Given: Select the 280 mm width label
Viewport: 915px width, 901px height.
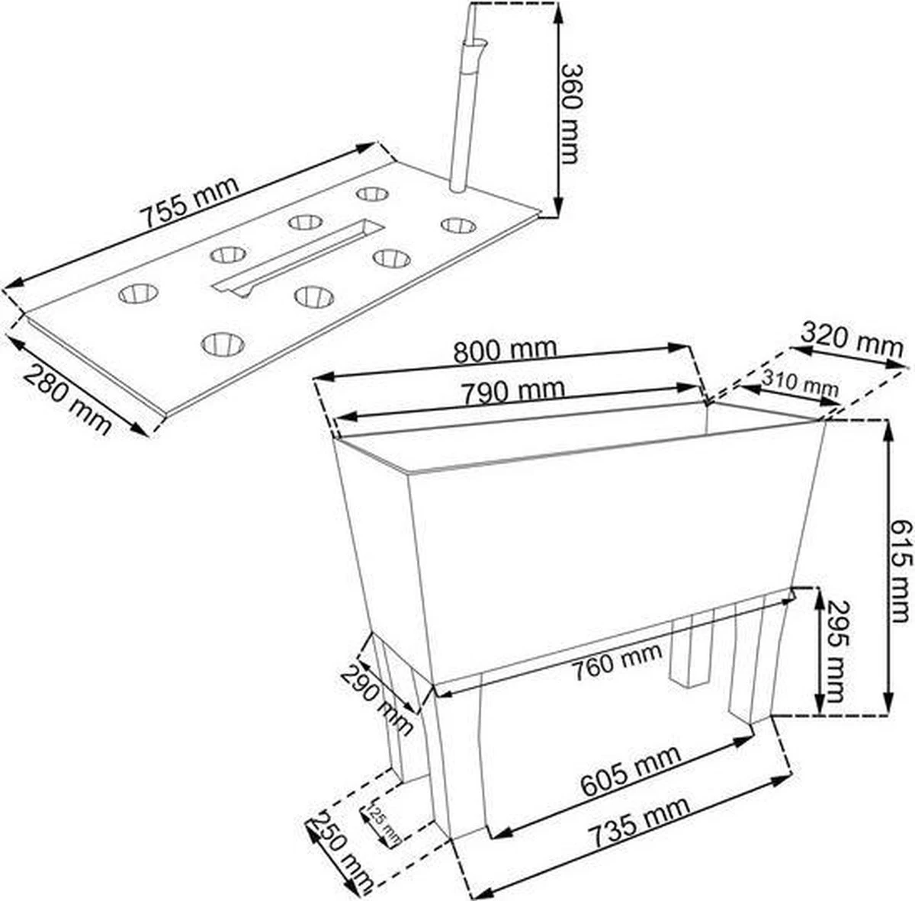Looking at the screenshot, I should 68,399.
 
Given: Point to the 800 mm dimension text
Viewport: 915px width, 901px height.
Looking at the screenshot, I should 505,351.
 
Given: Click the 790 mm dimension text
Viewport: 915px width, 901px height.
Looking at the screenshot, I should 513,391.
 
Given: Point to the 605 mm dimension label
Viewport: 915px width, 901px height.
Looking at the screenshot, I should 630,770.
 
